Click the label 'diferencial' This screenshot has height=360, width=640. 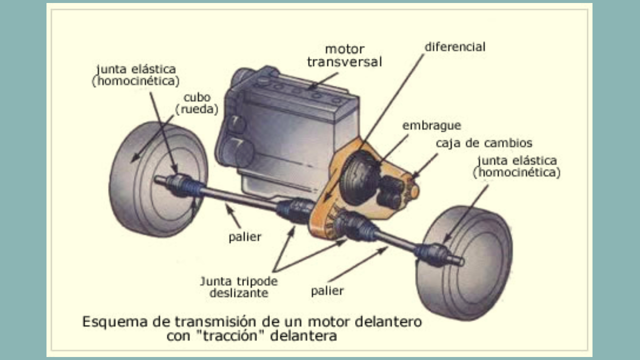pyautogui.click(x=454, y=47)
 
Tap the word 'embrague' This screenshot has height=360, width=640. pyautogui.click(x=431, y=125)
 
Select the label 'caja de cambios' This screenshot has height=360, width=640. pyautogui.click(x=483, y=143)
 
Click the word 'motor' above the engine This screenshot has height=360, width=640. pyautogui.click(x=344, y=49)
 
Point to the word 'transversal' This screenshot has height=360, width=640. pyautogui.click(x=344, y=62)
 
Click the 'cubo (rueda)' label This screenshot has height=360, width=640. pyautogui.click(x=196, y=103)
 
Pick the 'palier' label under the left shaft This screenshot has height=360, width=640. pyautogui.click(x=244, y=237)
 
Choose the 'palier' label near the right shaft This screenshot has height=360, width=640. pyautogui.click(x=327, y=290)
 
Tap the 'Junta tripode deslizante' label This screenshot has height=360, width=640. pyautogui.click(x=238, y=286)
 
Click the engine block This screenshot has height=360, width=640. pyautogui.click(x=290, y=130)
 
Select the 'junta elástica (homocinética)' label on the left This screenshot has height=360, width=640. pyautogui.click(x=136, y=75)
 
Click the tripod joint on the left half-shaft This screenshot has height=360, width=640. pyautogui.click(x=295, y=210)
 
